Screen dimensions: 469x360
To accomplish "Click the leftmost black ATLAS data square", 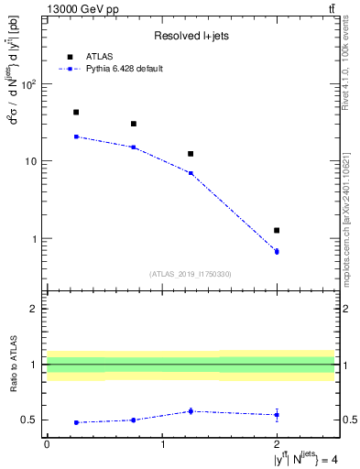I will pos(75,112).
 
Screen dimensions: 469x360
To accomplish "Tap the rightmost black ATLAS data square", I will pos(277,230).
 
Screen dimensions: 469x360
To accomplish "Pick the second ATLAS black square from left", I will pos(133,124).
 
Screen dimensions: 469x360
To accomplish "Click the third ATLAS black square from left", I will pos(191,154).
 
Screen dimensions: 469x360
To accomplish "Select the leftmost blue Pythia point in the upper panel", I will pos(75,136).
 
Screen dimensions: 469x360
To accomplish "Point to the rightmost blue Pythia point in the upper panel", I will pos(277,251).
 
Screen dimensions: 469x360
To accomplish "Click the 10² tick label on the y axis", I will pos(29,84).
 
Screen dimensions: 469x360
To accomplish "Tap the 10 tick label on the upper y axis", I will pos(31,161).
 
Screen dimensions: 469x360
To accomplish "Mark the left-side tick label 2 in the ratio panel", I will pos(37,309).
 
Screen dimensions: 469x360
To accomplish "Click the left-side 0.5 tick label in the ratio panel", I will pos(31,420).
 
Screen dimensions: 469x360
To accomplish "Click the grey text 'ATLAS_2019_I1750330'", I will pos(191,274).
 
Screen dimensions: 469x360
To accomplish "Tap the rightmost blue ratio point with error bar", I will pos(277,415).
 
